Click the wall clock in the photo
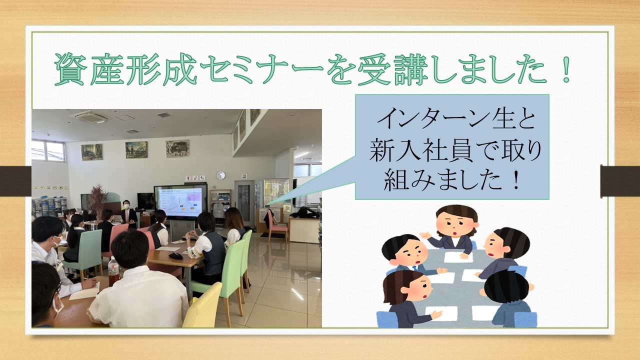pyautogui.click(x=220, y=175)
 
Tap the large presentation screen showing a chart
pyautogui.click(x=180, y=202)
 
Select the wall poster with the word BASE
pyautogui.click(x=177, y=148)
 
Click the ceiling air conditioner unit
pyautogui.click(x=89, y=116)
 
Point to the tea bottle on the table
pyautogui.click(x=113, y=271)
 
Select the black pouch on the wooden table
pyautogui.click(x=175, y=255)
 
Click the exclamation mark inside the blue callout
pyautogui.click(x=515, y=180)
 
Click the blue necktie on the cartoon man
pyautogui.click(x=414, y=268)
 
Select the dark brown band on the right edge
pyautogui.click(x=620, y=181)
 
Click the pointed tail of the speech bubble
pyautogui.click(x=269, y=203)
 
